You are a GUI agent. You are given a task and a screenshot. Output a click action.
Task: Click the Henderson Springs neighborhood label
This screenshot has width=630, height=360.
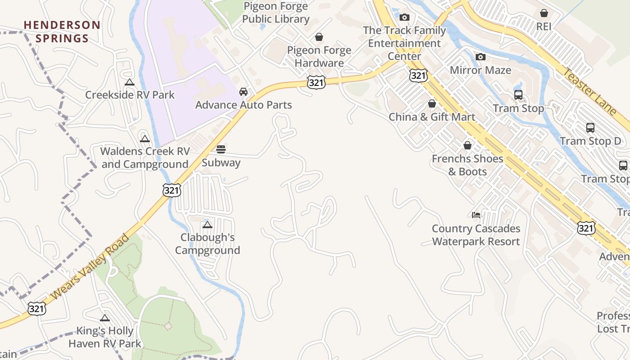62,31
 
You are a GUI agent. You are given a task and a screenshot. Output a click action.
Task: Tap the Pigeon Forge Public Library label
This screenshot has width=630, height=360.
276,13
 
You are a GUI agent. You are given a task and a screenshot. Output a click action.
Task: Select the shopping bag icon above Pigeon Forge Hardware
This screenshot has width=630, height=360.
319,36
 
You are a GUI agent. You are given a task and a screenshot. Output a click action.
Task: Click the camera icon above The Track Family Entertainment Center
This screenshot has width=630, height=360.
405,17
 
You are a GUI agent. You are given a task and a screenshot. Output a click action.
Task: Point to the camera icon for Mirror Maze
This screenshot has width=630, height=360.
481,57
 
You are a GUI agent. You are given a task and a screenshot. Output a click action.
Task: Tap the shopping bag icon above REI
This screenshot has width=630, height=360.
544,13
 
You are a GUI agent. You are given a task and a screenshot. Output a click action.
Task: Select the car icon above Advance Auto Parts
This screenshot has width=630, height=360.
243,92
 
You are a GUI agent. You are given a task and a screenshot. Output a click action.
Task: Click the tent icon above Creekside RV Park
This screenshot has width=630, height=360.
130,82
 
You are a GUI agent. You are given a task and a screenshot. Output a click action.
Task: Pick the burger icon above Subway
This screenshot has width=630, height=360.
221,149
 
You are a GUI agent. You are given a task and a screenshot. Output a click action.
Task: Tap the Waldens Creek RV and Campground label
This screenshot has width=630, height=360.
145,157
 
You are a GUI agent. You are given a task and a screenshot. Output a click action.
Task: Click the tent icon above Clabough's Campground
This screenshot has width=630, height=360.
207,225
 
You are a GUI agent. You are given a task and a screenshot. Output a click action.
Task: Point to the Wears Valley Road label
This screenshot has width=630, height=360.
90,266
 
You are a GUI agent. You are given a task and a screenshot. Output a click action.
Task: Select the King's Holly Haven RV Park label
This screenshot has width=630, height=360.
105,337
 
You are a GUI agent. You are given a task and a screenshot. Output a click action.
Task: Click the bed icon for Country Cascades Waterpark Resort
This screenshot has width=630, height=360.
476,215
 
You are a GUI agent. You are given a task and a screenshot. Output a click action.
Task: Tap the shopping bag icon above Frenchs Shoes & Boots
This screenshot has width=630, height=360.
468,145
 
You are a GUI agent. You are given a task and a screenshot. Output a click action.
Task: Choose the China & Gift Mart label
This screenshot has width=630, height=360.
432,117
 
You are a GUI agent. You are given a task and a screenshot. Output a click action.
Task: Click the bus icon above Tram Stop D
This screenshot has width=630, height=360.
590,128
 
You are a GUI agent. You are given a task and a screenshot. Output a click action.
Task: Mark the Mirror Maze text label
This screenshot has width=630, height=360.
481,70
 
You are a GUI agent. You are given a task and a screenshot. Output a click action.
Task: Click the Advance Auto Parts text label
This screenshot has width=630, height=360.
243,105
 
